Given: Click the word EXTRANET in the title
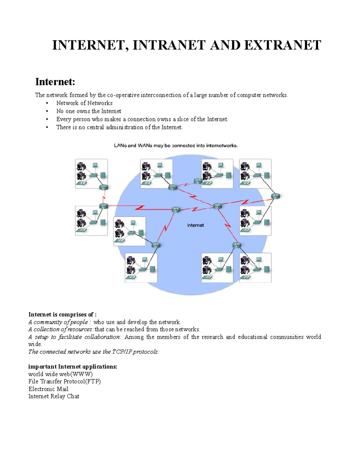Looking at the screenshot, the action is pos(283,45).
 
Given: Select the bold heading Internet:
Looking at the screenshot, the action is pos(55,82).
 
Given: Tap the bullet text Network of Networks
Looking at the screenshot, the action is pos(84,103).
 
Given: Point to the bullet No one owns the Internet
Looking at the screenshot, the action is pos(88,111).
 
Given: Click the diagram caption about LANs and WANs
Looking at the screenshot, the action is pos(176,146).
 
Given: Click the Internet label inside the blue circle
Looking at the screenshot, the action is pos(195,225).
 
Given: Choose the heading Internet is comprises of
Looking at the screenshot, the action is pos(62,314).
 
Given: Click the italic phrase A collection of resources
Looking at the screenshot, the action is pos(61,329).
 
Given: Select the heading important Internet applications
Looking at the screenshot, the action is pos(73,367).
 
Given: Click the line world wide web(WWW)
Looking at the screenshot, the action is pos(60,374).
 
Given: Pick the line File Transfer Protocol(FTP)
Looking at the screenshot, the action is pos(64,381).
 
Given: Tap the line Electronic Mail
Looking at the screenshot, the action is pos(48,389).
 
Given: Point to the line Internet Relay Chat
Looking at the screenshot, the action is pos(54,396).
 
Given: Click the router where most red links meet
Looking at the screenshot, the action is pos(217,206).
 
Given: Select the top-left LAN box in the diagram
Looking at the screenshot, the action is pos(91,174).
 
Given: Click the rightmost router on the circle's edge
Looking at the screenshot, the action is pos(275,196).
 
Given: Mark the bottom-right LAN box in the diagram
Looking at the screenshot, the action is pos(255,268).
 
